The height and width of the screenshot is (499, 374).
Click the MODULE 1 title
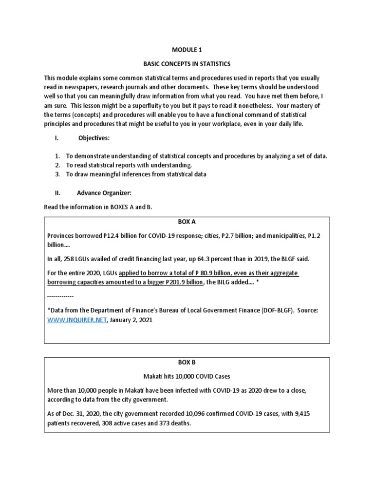(x=187, y=50)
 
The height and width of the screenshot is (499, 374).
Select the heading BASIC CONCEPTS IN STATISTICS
(x=187, y=64)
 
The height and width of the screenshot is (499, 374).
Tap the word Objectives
(x=94, y=138)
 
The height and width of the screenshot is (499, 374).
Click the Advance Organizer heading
(x=104, y=192)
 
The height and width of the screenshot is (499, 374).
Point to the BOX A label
(x=187, y=221)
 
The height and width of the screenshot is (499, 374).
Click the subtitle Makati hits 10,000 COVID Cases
(x=187, y=376)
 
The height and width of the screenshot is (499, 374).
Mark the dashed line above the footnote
(x=60, y=296)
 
